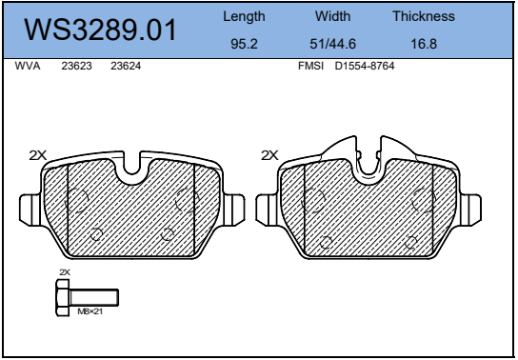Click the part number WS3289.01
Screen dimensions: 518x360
100,30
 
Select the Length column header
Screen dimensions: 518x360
244,16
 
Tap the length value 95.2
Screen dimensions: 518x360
244,44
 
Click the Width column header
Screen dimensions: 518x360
332,16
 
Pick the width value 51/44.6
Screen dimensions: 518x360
332,44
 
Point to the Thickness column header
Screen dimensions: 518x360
424,16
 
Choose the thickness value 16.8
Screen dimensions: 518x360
424,44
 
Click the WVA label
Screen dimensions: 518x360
28,66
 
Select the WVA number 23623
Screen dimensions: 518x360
76,66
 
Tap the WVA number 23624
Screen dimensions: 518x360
126,66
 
